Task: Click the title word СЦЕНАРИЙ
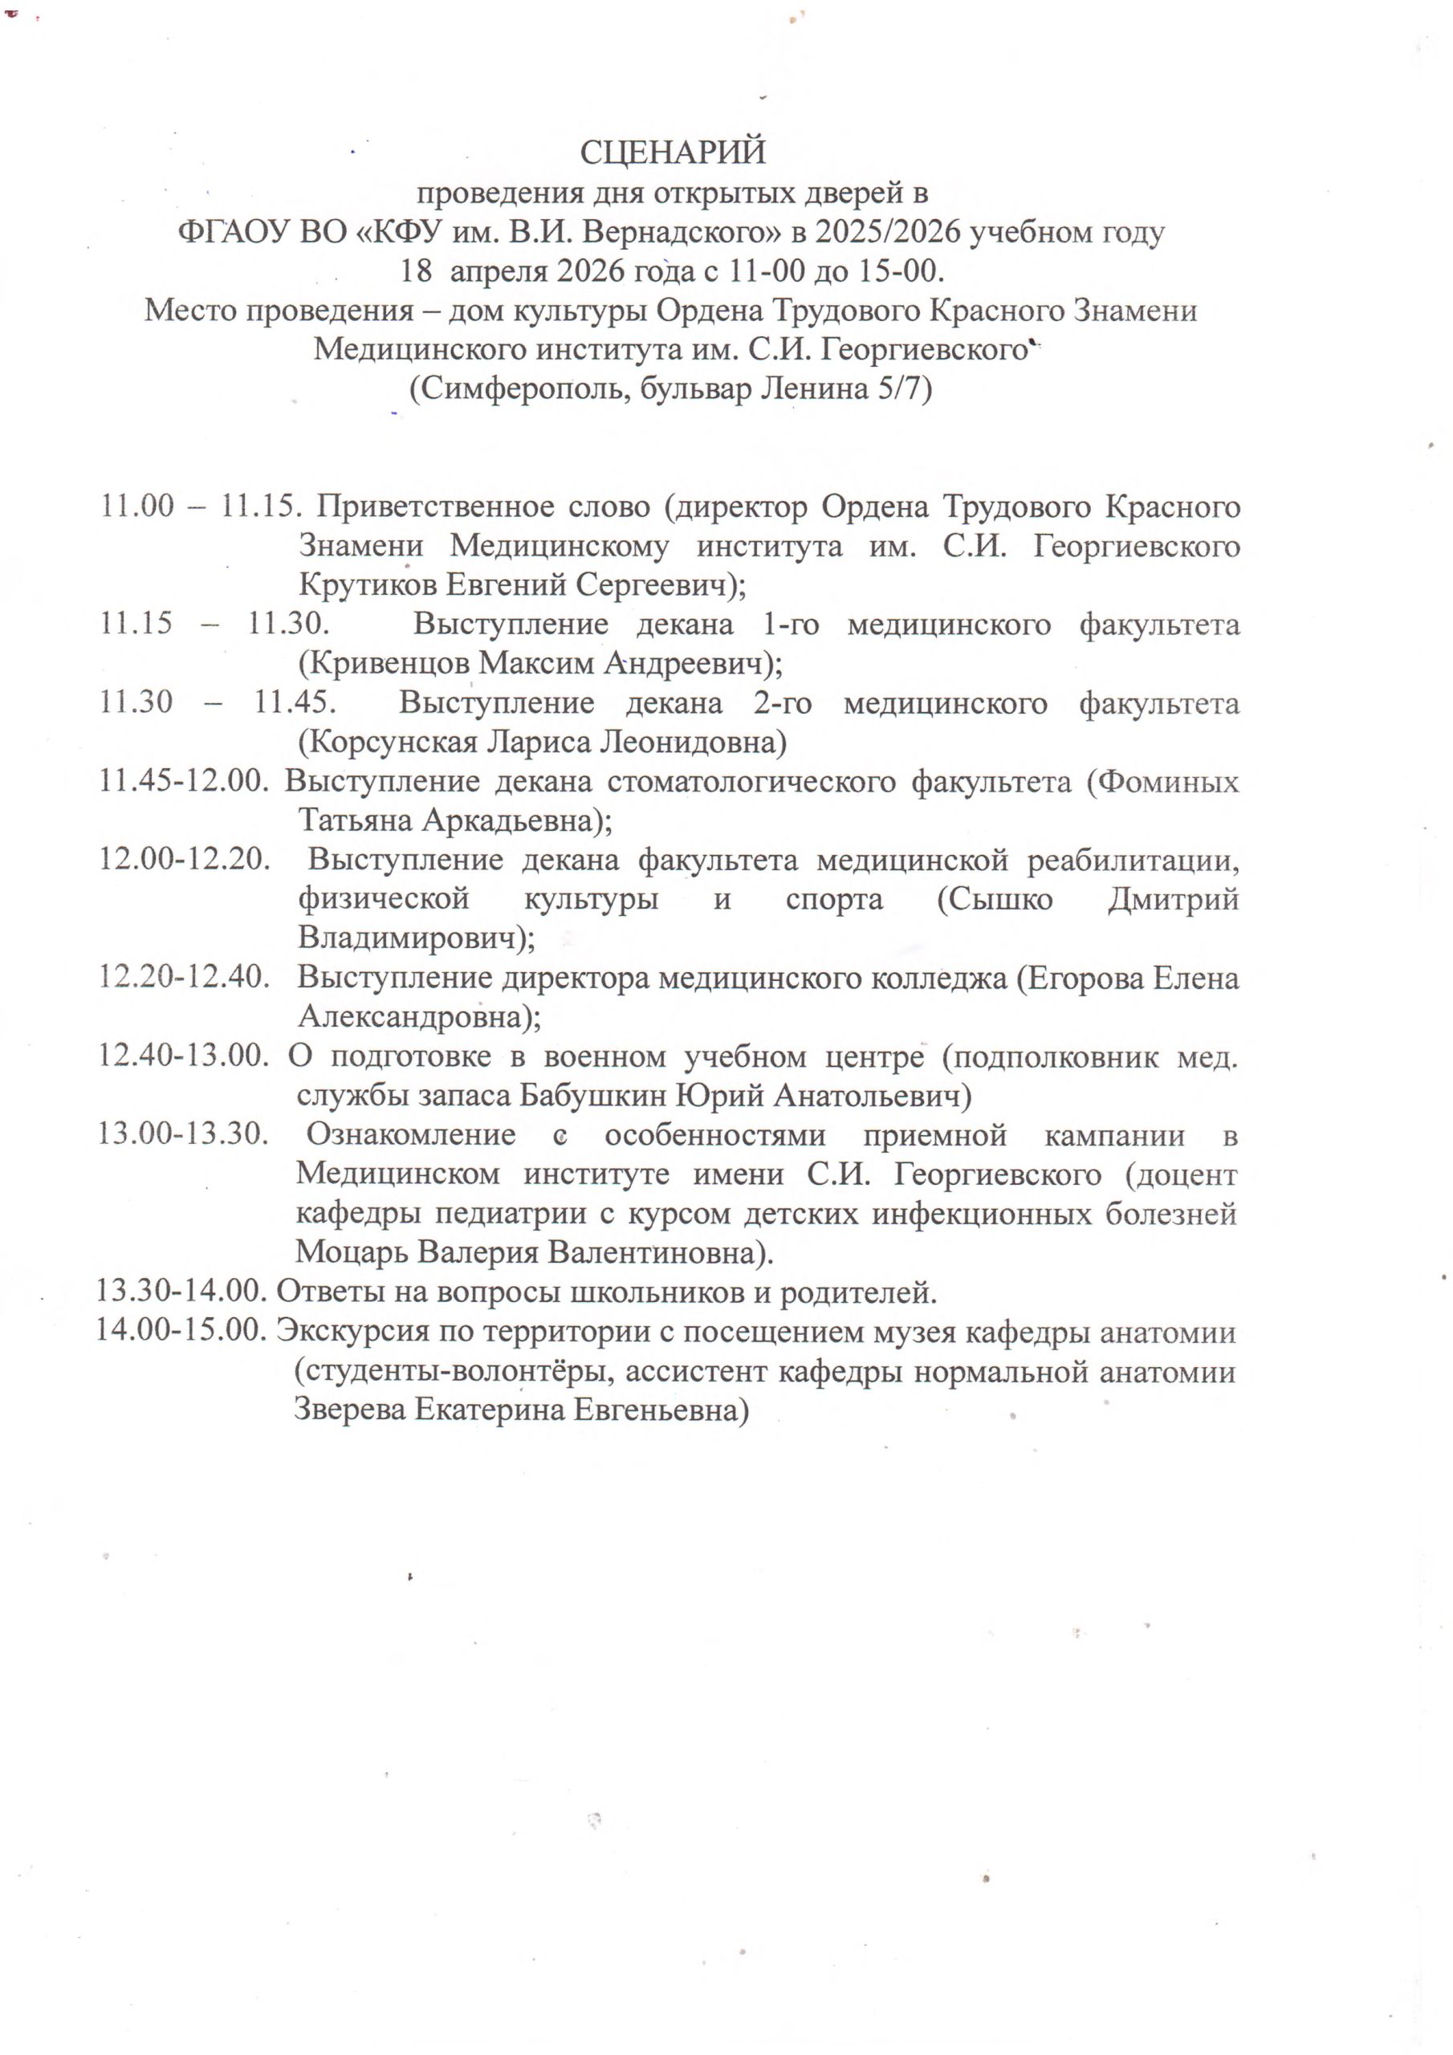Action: tap(673, 153)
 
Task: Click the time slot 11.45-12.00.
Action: tap(185, 781)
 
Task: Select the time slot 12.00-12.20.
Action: tap(185, 860)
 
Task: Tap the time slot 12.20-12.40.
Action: tap(185, 978)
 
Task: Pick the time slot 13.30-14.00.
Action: tap(183, 1292)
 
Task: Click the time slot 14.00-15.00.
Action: tap(183, 1332)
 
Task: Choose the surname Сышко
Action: tap(995, 900)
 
